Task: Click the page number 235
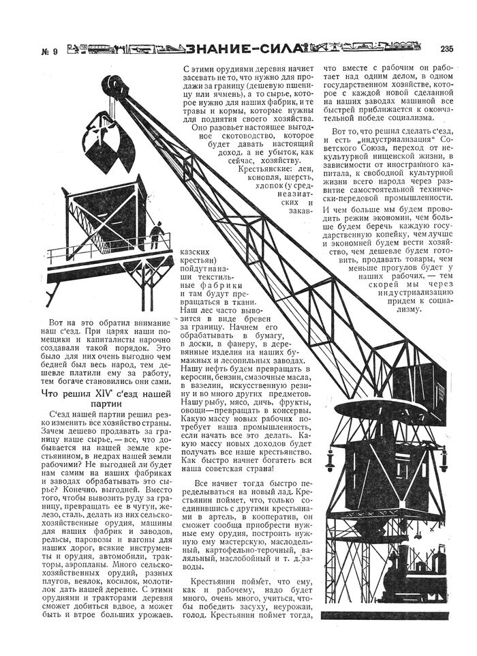[x=446, y=48]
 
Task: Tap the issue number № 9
[x=49, y=49]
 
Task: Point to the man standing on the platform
[x=157, y=235]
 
